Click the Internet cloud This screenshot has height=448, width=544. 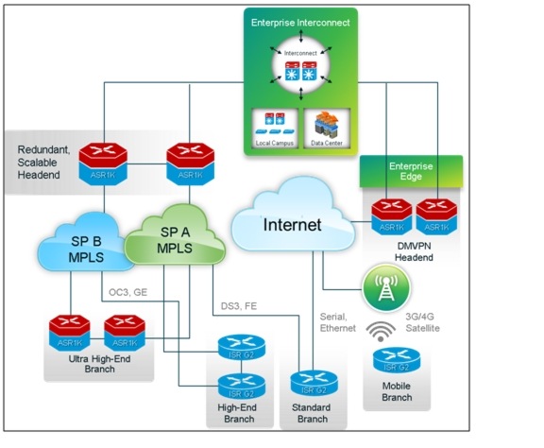click(293, 225)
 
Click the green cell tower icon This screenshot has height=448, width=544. click(385, 289)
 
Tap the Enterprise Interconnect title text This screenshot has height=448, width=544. click(299, 21)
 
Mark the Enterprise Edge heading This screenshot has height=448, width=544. click(413, 171)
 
